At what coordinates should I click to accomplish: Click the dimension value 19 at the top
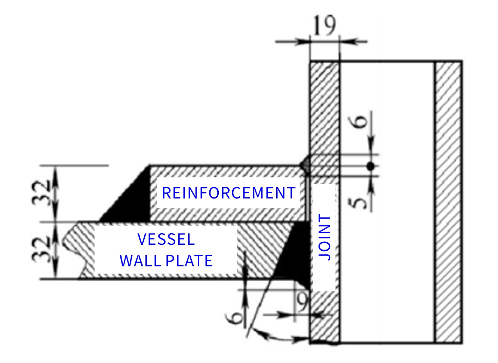coord(324,25)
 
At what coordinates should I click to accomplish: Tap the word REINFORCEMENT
coord(228,193)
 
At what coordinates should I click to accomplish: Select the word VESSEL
coord(166,239)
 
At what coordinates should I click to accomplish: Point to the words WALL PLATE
coord(166,261)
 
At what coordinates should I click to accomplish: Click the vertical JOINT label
coord(325,237)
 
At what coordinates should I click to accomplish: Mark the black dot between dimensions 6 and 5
coord(370,166)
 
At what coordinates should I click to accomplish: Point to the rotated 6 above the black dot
coord(360,122)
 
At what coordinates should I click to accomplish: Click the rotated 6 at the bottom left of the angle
coord(236,318)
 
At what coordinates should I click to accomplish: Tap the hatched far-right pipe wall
coord(448,201)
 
